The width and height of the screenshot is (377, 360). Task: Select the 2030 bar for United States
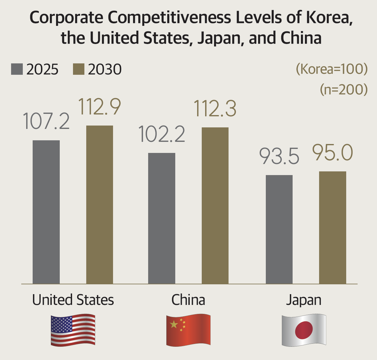99,204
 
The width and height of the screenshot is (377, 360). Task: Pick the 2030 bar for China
215,205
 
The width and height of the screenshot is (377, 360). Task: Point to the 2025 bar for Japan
279,229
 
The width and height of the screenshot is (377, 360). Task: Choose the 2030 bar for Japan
333,227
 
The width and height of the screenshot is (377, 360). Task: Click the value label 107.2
46,121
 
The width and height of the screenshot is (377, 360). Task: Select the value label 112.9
99,106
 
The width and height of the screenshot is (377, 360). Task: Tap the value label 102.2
162,134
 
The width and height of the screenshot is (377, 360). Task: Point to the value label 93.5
279,156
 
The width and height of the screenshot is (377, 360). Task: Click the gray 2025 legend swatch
17,69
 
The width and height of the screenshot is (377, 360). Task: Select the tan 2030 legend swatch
79,69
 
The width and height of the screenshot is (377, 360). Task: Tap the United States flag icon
73,330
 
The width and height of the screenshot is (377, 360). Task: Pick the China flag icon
188,330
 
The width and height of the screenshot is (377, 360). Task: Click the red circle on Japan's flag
304,330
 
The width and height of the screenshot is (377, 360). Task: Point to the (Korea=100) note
332,69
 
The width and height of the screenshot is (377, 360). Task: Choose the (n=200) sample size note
344,89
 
